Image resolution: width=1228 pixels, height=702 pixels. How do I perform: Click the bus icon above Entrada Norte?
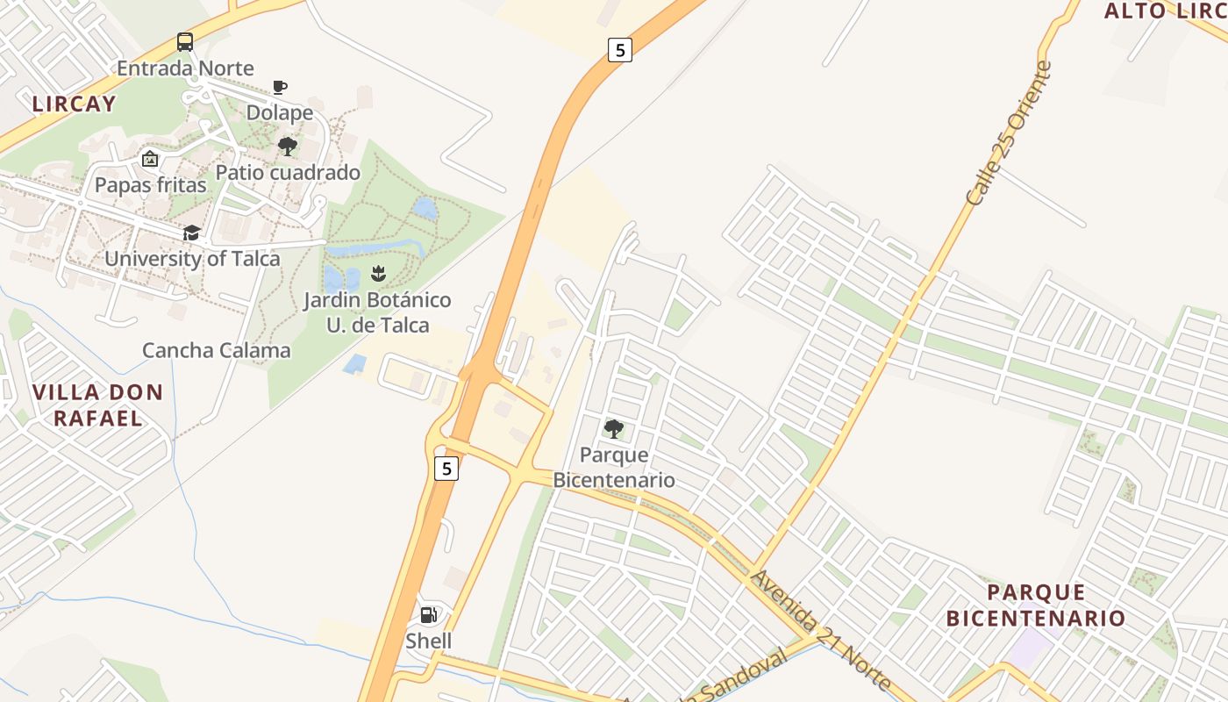pyautogui.click(x=185, y=41)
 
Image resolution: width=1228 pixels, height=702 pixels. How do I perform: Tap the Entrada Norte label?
pyautogui.click(x=185, y=68)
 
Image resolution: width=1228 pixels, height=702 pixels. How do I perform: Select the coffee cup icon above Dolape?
pyautogui.click(x=279, y=87)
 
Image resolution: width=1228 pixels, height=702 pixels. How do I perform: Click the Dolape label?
pyautogui.click(x=280, y=112)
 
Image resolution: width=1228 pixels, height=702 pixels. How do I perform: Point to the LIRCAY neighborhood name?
pyautogui.click(x=74, y=104)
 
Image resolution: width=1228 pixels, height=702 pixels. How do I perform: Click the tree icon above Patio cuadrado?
pyautogui.click(x=287, y=147)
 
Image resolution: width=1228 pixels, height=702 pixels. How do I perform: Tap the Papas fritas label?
pyautogui.click(x=151, y=185)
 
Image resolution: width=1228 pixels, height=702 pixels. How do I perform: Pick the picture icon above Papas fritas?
pyautogui.click(x=150, y=160)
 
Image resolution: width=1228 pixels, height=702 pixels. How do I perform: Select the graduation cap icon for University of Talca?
pyautogui.click(x=191, y=233)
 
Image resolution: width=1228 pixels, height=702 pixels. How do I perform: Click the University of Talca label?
pyautogui.click(x=192, y=259)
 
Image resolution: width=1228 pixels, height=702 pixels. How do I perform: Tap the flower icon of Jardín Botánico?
pyautogui.click(x=378, y=273)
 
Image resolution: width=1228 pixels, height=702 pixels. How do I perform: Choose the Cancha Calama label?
pyautogui.click(x=217, y=351)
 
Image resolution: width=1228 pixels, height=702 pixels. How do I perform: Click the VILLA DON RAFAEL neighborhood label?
pyautogui.click(x=97, y=405)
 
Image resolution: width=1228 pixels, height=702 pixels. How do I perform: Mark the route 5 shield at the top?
pyautogui.click(x=620, y=50)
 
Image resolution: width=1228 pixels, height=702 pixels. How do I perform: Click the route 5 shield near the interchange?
pyautogui.click(x=446, y=469)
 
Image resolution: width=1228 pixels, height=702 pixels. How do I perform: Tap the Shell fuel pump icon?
pyautogui.click(x=429, y=615)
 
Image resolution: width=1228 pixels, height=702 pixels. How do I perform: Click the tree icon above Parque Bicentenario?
pyautogui.click(x=614, y=429)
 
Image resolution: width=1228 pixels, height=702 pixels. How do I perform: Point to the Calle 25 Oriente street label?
pyautogui.click(x=1008, y=133)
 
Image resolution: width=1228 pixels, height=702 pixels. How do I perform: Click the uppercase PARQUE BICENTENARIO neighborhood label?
pyautogui.click(x=1035, y=605)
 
